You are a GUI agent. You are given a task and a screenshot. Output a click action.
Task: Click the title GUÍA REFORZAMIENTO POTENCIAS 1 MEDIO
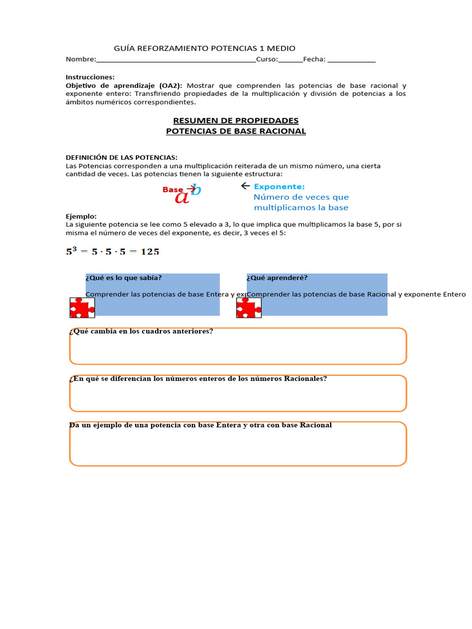click(205, 48)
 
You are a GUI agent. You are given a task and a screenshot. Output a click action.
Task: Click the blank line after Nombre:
click(176, 60)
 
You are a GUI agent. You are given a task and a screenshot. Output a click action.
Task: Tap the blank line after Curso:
click(291, 60)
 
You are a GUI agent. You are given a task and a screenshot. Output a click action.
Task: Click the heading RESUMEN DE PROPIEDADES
click(236, 120)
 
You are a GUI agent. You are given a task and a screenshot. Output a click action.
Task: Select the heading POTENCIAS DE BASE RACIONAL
click(236, 131)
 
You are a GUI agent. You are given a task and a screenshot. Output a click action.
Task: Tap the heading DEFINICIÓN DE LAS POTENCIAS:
click(122, 158)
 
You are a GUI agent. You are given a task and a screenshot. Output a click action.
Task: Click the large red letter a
click(182, 197)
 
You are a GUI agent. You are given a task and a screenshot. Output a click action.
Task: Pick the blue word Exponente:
click(279, 186)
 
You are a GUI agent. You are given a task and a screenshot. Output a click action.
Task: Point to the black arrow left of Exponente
click(245, 186)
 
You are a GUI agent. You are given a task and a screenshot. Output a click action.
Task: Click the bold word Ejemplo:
click(81, 216)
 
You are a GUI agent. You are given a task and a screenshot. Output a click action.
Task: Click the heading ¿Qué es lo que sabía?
click(124, 278)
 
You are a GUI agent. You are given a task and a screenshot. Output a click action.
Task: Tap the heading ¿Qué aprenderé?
click(277, 278)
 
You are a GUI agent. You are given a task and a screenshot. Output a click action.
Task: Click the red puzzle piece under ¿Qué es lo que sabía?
click(82, 307)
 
